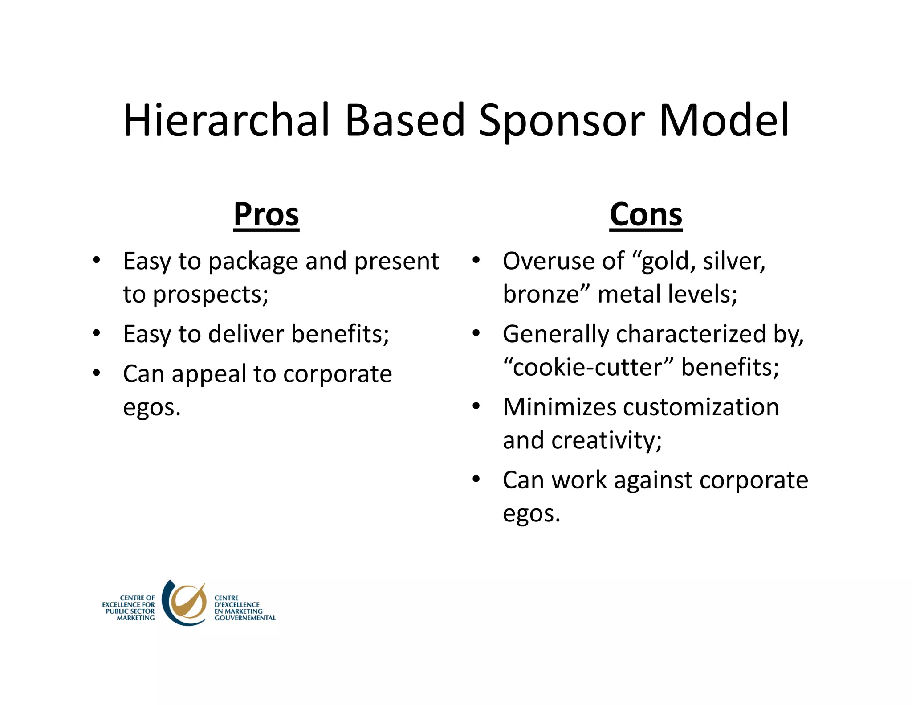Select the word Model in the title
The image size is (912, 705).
pos(724,120)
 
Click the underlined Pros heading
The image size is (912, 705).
pos(266,215)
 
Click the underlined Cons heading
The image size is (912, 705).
pos(646,215)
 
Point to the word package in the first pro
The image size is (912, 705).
pos(253,262)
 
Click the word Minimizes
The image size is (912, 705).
pos(559,407)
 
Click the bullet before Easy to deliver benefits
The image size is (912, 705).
pos(96,333)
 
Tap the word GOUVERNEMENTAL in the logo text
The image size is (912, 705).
pos(245,618)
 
